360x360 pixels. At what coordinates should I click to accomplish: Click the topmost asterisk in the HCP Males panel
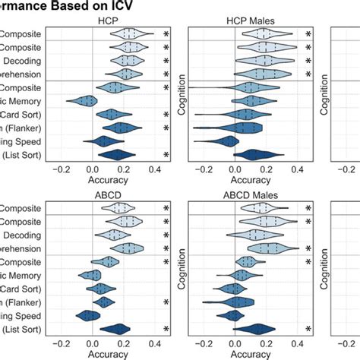[x=308, y=35]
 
